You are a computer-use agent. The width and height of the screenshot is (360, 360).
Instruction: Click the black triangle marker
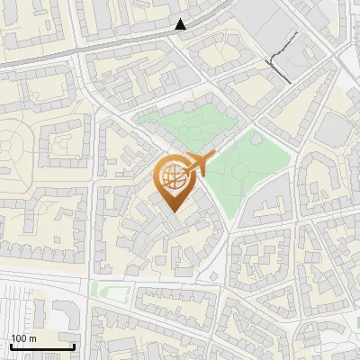(181, 24)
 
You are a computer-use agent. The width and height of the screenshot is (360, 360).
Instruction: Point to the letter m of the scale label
(32, 338)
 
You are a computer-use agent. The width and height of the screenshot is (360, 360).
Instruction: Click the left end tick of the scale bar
(11, 346)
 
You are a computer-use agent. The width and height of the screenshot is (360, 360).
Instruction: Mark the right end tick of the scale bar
(74, 346)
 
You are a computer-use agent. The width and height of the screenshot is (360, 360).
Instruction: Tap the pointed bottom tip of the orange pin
(171, 212)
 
